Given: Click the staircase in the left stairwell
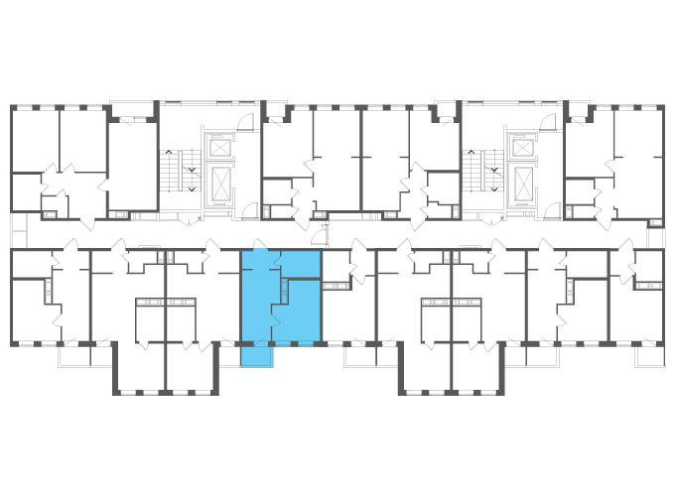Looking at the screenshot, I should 180,175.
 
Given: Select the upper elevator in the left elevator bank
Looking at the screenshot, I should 219,148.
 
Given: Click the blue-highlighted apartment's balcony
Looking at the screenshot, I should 256,354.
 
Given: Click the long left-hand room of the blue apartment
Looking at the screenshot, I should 255,298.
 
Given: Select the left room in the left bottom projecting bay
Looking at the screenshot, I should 141,367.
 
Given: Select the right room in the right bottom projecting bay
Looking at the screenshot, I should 477,367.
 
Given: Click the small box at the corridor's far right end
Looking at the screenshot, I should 655,238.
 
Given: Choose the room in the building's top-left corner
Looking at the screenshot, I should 34,139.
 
